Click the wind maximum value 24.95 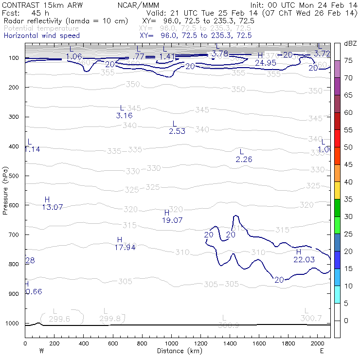click(x=266, y=63)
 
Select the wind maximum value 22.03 click(x=304, y=260)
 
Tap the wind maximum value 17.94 click(x=125, y=248)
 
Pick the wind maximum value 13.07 click(x=52, y=207)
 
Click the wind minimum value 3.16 click(x=124, y=116)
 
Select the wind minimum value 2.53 click(x=177, y=131)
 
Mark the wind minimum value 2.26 click(x=244, y=160)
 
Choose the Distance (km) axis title click(x=177, y=351)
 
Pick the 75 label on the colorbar click(x=348, y=60)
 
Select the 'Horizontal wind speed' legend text click(x=41, y=36)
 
